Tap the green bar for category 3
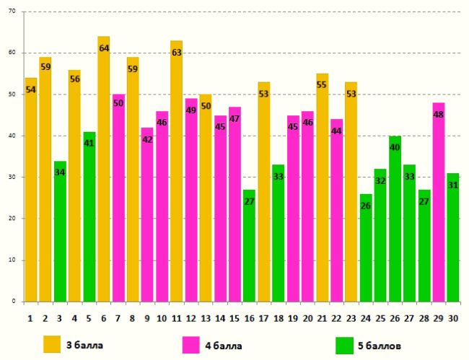point(60,231)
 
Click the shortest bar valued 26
point(366,249)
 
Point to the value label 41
point(89,144)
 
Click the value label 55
point(322,85)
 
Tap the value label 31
point(453,185)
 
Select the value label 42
point(147,139)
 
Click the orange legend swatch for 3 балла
point(53,344)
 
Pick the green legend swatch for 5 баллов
point(346,344)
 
